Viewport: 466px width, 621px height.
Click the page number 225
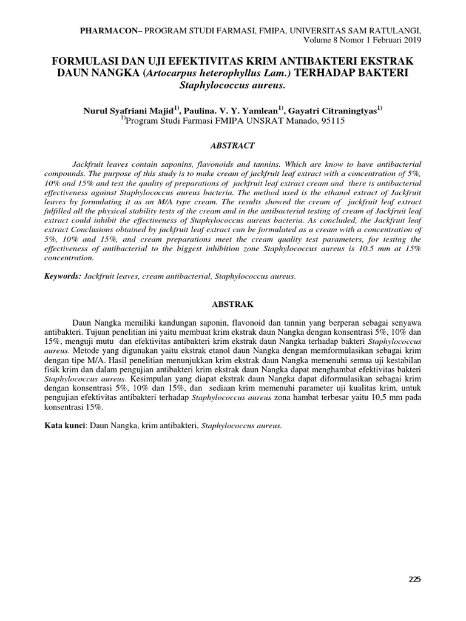(414, 579)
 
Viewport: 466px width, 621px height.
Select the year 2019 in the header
(411, 40)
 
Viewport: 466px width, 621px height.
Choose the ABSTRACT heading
(232, 146)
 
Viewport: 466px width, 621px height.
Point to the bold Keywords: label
(63, 276)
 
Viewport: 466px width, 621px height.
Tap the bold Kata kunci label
(66, 426)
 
